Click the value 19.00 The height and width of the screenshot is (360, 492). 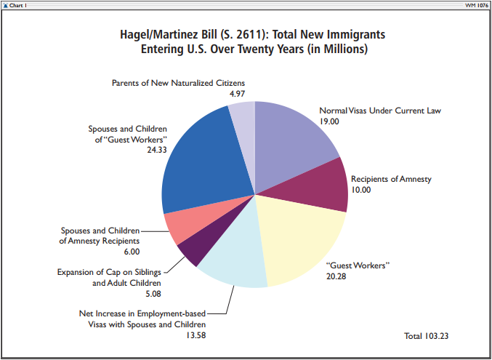[x=329, y=121]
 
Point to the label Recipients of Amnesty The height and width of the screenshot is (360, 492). [x=391, y=179]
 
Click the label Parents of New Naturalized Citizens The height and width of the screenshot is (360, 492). [x=178, y=83]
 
